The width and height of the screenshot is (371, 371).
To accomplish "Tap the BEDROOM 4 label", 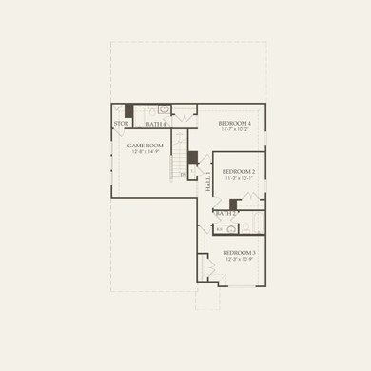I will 235,124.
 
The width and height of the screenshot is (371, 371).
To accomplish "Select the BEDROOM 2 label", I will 240,171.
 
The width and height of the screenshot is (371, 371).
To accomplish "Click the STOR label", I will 122,124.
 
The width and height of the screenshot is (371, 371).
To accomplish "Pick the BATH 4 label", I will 156,124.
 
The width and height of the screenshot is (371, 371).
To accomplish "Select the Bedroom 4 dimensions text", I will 235,130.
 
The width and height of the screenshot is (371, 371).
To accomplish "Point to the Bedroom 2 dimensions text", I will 240,178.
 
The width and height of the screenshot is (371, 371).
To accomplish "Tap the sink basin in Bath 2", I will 220,228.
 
